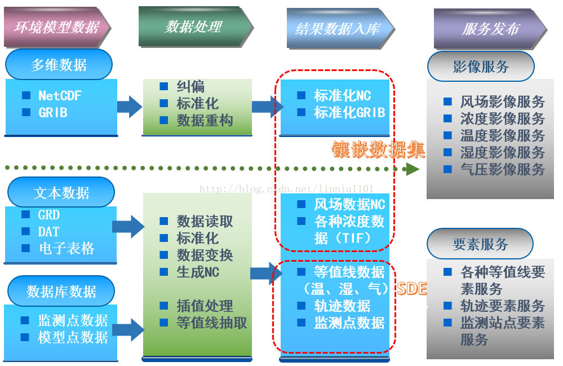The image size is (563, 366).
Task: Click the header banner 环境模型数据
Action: [x=56, y=27]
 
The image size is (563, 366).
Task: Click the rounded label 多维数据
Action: [x=59, y=65]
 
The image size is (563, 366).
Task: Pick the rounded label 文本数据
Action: [x=61, y=193]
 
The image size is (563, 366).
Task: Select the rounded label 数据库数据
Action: [x=61, y=292]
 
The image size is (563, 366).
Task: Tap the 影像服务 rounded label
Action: [x=481, y=67]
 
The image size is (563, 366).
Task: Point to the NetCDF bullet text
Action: [x=60, y=96]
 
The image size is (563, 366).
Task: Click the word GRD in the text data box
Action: [x=49, y=215]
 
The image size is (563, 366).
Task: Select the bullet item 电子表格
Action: [x=67, y=249]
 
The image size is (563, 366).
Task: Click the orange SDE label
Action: [x=412, y=289]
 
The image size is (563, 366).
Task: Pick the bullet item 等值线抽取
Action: [x=212, y=323]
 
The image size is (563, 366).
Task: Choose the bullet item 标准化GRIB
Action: [x=349, y=113]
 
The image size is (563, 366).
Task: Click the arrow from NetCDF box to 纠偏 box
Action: [x=130, y=106]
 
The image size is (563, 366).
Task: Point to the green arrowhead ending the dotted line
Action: [x=413, y=169]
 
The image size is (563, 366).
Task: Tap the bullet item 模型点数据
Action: [x=73, y=337]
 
